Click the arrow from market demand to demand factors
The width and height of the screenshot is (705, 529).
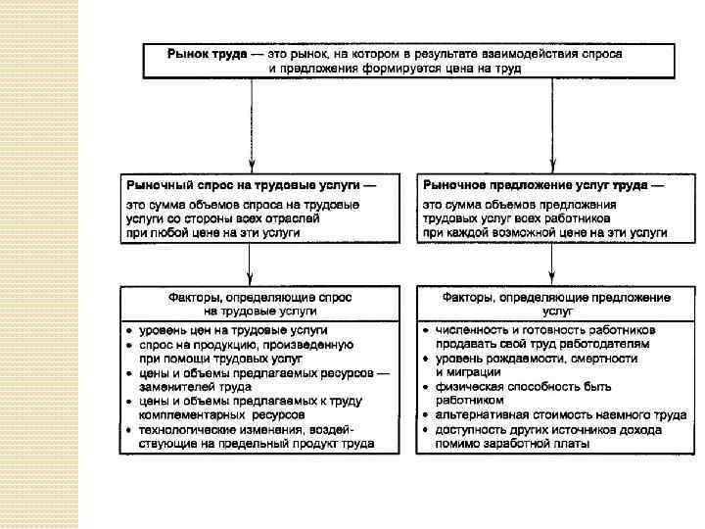point(252,264)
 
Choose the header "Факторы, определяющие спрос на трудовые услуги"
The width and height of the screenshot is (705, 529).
point(259,303)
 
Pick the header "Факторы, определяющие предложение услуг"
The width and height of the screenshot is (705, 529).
point(555,303)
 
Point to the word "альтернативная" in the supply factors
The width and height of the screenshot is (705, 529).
point(481,414)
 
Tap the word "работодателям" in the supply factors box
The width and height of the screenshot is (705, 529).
point(607,344)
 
